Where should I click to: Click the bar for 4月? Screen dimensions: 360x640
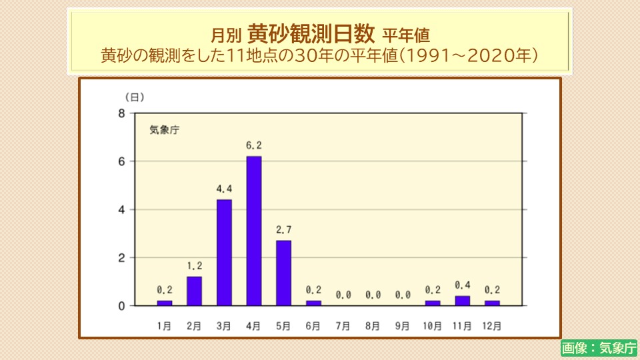[x=254, y=231]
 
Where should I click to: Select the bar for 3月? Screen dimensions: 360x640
[x=224, y=252]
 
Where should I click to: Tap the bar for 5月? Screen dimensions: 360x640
[x=283, y=273]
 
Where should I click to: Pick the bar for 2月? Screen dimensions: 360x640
[x=194, y=291]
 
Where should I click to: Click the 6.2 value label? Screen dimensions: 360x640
[x=254, y=145]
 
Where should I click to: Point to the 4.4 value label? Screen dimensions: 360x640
[x=224, y=189]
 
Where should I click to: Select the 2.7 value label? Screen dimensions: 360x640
[x=283, y=230]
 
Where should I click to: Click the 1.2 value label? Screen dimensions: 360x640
[x=194, y=266]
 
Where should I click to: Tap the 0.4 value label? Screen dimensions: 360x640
[x=462, y=285]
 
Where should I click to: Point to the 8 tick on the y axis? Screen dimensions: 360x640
[x=122, y=113]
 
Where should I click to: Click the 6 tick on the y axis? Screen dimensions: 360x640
[x=122, y=161]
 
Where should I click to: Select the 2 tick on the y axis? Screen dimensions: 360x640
[x=122, y=257]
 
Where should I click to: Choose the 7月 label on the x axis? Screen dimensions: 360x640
[x=343, y=326]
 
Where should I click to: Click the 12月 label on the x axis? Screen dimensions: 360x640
[x=492, y=326]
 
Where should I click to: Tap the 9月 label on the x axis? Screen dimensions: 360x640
[x=402, y=326]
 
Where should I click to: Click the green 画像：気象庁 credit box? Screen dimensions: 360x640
[x=599, y=347]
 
